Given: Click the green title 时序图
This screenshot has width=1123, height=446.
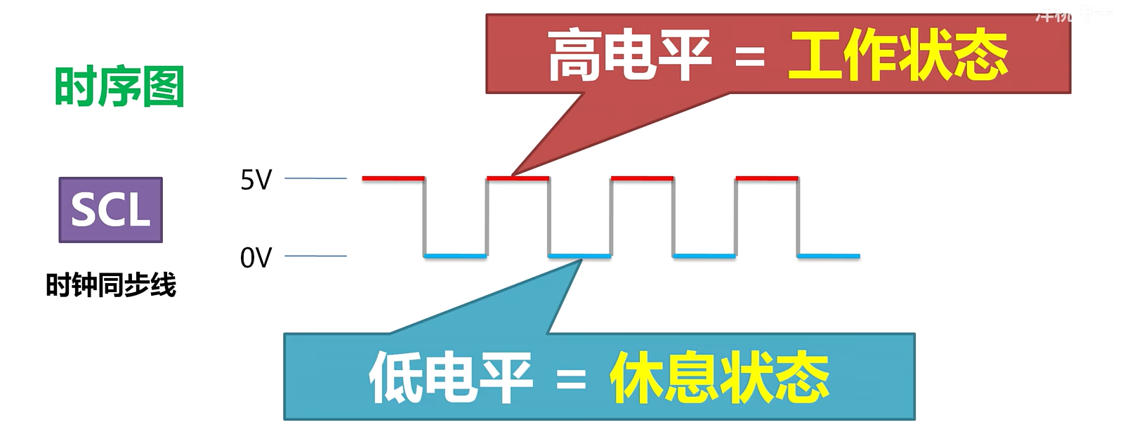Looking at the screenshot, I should tap(119, 86).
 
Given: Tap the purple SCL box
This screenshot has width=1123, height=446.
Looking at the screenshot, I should tap(111, 210).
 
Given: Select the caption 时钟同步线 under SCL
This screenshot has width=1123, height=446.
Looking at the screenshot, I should tap(111, 285).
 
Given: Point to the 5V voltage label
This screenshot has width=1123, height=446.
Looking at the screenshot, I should tap(256, 181).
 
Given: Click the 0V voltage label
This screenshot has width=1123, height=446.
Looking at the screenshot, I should tap(256, 258).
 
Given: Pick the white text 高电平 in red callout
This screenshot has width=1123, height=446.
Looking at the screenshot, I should tap(629, 55).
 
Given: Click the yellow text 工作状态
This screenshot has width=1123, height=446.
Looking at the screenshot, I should tap(898, 55).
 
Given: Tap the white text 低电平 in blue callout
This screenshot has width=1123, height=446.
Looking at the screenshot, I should tap(450, 378).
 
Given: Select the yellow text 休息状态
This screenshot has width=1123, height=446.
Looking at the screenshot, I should tap(719, 378).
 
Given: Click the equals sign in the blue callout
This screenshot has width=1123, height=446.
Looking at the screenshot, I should tap(570, 381).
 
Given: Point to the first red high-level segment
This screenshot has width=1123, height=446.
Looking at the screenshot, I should tap(393, 178).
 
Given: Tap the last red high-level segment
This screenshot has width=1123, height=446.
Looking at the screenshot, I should tap(767, 178).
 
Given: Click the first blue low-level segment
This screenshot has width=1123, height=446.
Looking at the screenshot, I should tap(455, 256).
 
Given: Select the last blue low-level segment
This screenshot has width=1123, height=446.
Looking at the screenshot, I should tap(829, 256).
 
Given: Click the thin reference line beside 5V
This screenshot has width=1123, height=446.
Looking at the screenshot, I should tap(315, 178).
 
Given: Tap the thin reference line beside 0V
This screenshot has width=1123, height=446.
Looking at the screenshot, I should tap(315, 256).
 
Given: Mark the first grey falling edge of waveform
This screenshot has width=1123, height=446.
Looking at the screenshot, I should tap(424, 217).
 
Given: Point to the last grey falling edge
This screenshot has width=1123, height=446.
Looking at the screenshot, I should tap(798, 217).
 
